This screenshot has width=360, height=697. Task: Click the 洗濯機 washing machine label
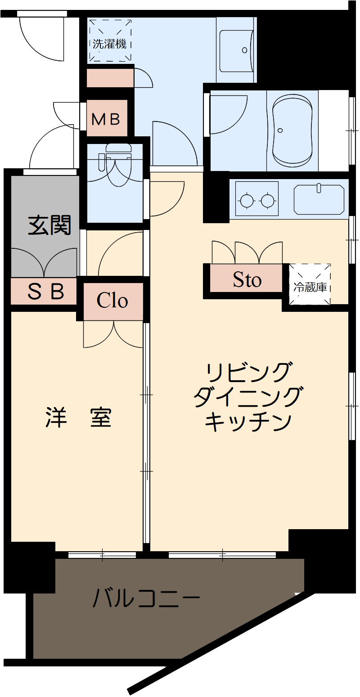pos(110,44)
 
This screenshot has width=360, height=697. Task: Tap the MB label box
pos(106,119)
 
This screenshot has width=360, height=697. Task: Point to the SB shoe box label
pos(46,292)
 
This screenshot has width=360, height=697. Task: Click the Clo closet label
pos(112,301)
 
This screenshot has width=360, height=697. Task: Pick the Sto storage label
pos(247,280)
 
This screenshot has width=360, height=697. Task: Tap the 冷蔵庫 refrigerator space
pos(310,287)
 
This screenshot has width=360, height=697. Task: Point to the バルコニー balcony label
pos(146,599)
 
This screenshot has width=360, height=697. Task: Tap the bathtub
pos(292,130)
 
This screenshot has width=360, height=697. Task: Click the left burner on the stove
pos(247,200)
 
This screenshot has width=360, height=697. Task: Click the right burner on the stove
pos(267,200)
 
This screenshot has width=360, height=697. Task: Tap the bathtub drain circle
pos(280,131)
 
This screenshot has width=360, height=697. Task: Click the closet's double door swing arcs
pos(113,335)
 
